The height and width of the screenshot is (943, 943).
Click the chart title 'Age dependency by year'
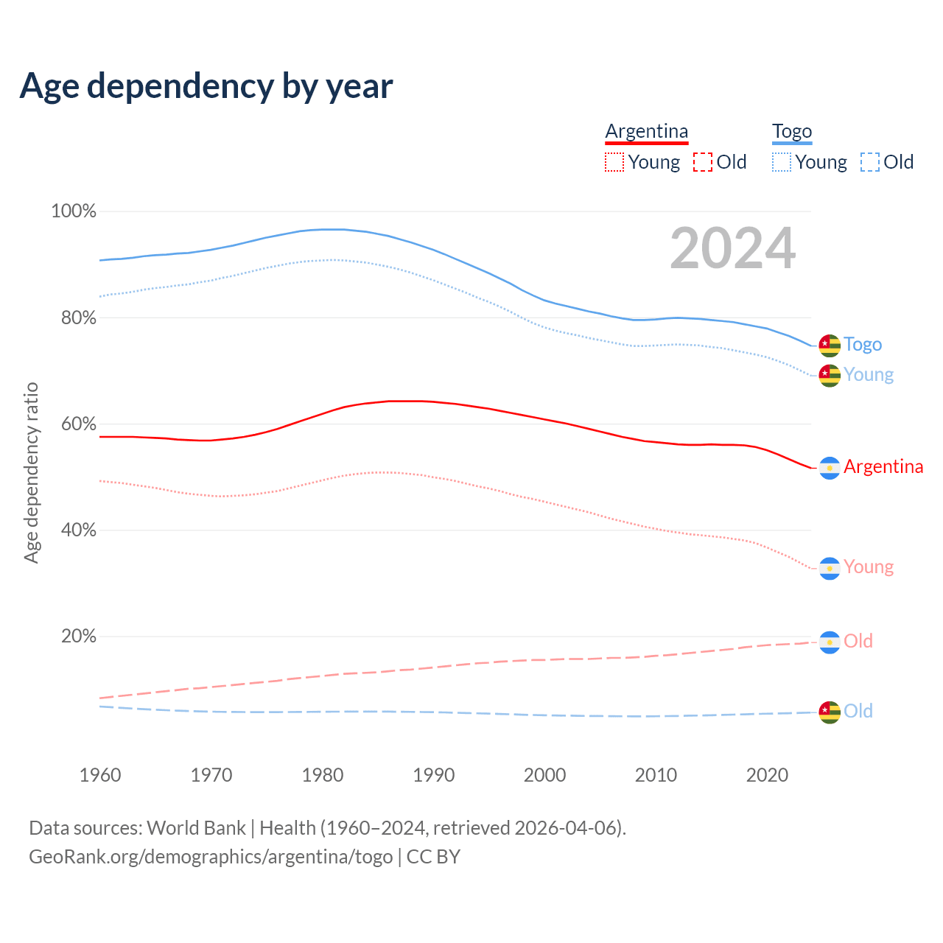(x=206, y=85)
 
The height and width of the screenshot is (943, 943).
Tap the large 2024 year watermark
(x=732, y=248)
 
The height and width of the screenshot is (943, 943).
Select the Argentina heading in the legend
(x=646, y=132)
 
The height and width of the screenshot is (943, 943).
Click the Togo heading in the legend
(x=791, y=132)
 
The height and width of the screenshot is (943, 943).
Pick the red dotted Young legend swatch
(x=614, y=162)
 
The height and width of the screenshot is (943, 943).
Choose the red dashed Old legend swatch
(x=702, y=162)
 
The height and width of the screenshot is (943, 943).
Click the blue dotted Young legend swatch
(x=781, y=162)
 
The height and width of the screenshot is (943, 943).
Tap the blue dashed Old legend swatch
(x=869, y=162)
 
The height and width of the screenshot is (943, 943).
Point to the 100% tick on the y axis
(x=74, y=211)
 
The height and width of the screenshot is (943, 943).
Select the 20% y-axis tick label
(x=78, y=637)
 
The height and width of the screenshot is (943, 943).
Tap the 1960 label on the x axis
(x=100, y=775)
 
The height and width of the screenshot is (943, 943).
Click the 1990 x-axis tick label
(x=434, y=775)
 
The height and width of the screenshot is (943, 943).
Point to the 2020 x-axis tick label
(x=767, y=775)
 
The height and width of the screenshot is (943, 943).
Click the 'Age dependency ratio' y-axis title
(x=31, y=472)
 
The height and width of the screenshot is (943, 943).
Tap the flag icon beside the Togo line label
(x=830, y=345)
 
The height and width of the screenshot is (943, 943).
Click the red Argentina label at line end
(x=883, y=467)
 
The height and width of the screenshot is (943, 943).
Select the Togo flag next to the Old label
(x=830, y=712)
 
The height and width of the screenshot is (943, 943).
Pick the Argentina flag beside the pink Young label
(x=830, y=568)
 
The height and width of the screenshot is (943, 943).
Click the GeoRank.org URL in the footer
(x=211, y=857)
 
